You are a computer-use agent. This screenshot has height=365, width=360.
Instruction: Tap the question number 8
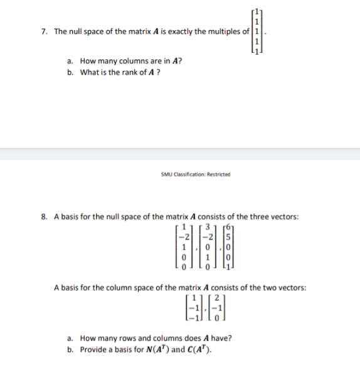(x=42, y=218)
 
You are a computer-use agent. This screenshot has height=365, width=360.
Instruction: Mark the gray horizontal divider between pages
(x=180, y=151)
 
